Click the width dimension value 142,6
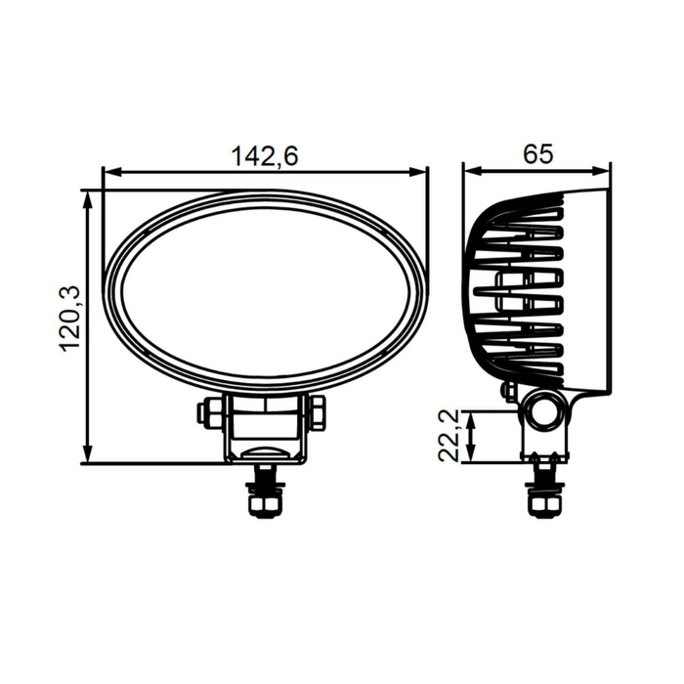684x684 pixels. [x=264, y=155]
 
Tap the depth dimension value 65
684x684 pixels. [x=537, y=153]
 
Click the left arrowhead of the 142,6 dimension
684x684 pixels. [x=108, y=172]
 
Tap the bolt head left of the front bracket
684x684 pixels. [x=208, y=411]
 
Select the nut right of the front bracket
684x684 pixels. [x=319, y=411]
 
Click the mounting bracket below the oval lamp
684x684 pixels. [x=265, y=430]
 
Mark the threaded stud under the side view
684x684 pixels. [x=543, y=489]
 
